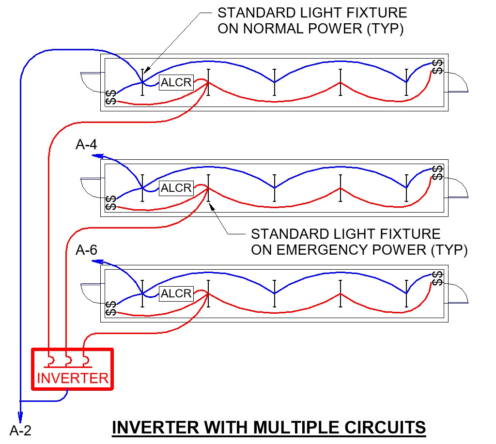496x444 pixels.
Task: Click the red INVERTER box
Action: [x=72, y=369]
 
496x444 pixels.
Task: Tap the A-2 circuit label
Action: [x=20, y=429]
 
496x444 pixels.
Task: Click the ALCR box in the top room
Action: [x=176, y=82]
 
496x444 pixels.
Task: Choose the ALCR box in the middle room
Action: [x=176, y=188]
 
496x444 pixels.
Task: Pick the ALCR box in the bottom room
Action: [x=176, y=293]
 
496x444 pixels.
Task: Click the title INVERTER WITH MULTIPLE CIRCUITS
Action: [x=269, y=428]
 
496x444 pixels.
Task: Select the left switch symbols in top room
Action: [x=110, y=97]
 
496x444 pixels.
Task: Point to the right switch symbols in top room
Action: [x=437, y=67]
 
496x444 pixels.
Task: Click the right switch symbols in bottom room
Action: [x=437, y=278]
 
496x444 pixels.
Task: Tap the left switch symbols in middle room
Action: [x=110, y=203]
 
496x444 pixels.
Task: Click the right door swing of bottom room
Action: [x=458, y=293]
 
